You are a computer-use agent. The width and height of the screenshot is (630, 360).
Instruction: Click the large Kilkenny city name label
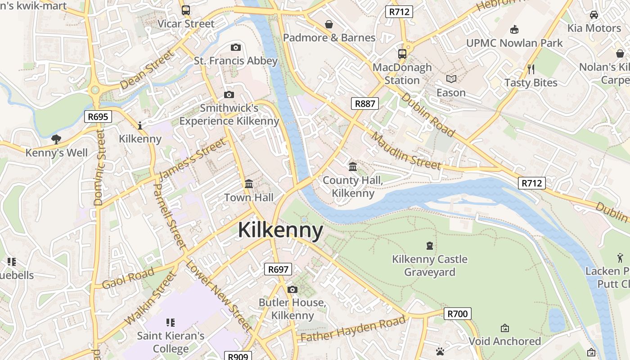pyautogui.click(x=280, y=230)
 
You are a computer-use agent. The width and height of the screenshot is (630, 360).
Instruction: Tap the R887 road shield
pyautogui.click(x=364, y=104)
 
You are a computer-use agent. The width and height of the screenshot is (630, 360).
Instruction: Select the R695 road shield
pyautogui.click(x=98, y=117)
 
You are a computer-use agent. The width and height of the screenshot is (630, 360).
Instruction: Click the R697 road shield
pyautogui.click(x=278, y=270)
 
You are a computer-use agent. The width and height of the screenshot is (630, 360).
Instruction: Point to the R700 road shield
pyautogui.click(x=458, y=314)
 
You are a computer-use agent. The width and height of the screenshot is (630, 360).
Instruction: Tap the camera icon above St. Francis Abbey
pyautogui.click(x=235, y=47)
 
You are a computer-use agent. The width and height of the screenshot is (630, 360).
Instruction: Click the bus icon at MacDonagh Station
pyautogui.click(x=402, y=54)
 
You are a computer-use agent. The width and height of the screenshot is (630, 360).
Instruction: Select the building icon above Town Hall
pyautogui.click(x=249, y=184)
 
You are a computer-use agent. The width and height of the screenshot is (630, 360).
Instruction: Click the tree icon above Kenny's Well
pyautogui.click(x=56, y=139)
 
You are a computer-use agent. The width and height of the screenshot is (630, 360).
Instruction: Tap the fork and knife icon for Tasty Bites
pyautogui.click(x=531, y=69)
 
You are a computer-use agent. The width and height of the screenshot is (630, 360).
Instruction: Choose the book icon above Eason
pyautogui.click(x=451, y=79)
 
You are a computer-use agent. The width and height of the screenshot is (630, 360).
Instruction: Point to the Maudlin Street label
pyautogui.click(x=406, y=152)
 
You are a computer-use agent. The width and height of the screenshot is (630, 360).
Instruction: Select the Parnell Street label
pyautogui.click(x=169, y=216)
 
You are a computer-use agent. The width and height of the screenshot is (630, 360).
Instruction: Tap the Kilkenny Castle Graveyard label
pyautogui.click(x=429, y=265)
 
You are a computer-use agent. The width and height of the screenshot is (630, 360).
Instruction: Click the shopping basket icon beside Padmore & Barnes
pyautogui.click(x=329, y=24)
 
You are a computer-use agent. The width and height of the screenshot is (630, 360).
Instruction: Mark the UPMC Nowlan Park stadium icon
pyautogui.click(x=514, y=30)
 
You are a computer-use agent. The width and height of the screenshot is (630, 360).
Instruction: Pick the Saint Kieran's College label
pyautogui.click(x=171, y=342)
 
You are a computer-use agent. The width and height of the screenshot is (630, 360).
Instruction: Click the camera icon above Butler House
pyautogui.click(x=292, y=289)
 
